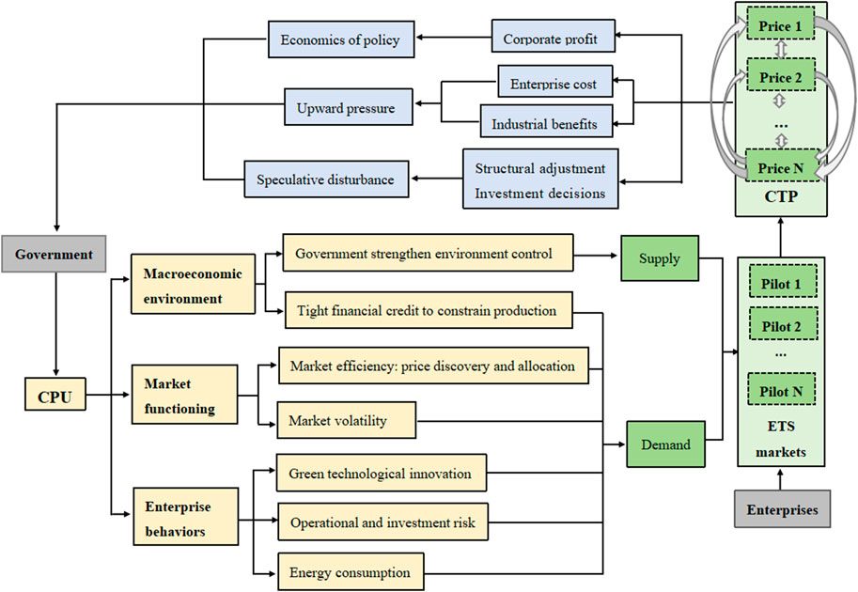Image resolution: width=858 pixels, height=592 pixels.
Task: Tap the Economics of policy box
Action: (x=339, y=39)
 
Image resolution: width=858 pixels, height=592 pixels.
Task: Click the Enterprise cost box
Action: (x=554, y=84)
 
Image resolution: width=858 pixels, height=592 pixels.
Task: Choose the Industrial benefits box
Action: (x=545, y=120)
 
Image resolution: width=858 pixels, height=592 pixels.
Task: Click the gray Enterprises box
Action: (x=782, y=510)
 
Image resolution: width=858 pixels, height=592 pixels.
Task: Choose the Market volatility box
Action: (x=346, y=421)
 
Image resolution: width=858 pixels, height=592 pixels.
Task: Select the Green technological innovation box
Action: (x=382, y=474)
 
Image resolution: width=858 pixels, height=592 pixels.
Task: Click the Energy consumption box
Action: (x=351, y=572)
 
